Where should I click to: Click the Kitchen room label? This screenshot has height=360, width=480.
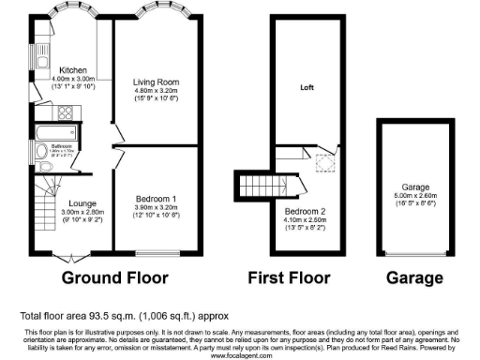tap(74, 70)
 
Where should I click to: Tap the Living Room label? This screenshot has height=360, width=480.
tap(156, 82)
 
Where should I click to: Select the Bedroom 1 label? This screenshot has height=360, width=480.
tap(156, 199)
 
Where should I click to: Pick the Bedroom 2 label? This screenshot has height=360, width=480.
tap(305, 211)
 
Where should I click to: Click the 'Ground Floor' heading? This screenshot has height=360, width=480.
tap(114, 278)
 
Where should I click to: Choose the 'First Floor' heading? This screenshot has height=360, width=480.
tap(291, 278)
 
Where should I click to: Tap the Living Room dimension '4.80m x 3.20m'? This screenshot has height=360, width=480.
tap(156, 91)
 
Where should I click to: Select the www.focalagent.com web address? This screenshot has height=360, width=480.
tap(240, 355)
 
